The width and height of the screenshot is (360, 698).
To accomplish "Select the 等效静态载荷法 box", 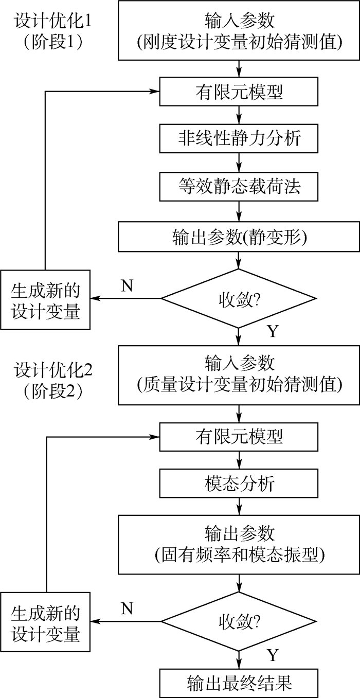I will (x=239, y=186).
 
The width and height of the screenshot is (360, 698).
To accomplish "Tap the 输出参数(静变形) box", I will (x=239, y=237).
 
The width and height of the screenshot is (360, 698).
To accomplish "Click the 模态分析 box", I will (x=239, y=484).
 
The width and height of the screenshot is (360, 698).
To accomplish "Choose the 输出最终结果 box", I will (x=239, y=683).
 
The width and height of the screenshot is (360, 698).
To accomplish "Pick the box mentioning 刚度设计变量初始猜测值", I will (x=239, y=31).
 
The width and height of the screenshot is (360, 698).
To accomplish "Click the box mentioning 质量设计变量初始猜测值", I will (x=239, y=374).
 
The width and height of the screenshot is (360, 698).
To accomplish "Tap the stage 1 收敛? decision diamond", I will (x=239, y=298).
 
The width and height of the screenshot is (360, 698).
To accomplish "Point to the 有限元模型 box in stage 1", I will (x=239, y=93).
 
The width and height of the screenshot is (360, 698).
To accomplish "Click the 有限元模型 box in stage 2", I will (x=239, y=437).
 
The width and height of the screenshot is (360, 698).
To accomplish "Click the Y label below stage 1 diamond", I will (x=272, y=331).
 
